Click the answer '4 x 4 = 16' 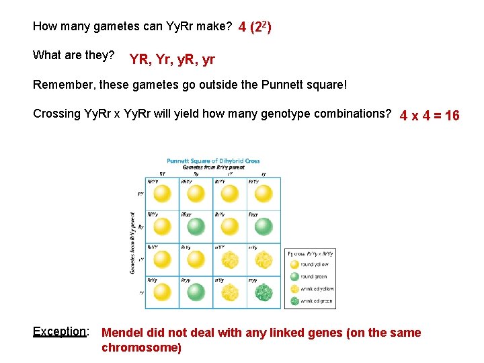pos(430,116)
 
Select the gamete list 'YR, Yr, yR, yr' pos(172,59)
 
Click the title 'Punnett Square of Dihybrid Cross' pos(213,161)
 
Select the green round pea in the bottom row pos(196,291)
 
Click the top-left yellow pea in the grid pos(163,194)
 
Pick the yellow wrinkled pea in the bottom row pos(230,291)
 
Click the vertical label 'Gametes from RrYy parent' pos(132,243)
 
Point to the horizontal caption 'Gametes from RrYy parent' pos(213,167)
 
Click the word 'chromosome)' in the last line pos(141,348)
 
